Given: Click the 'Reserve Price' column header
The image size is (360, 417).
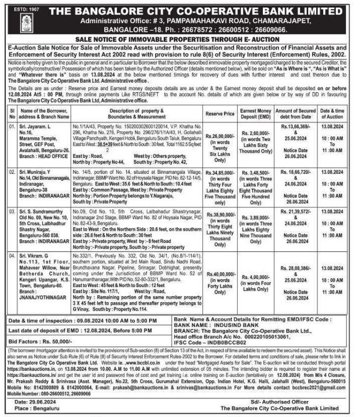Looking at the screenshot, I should [220, 114].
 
